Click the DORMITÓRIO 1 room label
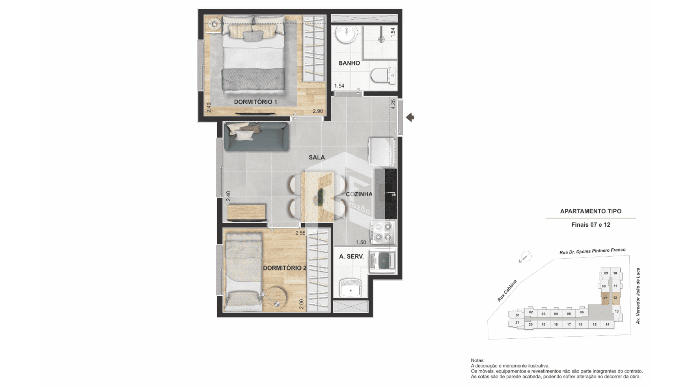click(x=256, y=102)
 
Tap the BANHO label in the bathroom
click(x=349, y=63)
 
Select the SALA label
click(x=317, y=157)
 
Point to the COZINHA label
click(x=359, y=194)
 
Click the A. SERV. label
click(x=351, y=257)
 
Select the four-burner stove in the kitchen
click(x=383, y=232)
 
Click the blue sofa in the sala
click(x=256, y=137)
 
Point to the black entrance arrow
click(x=410, y=117)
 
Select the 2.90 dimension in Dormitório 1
click(x=318, y=111)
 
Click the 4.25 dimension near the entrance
click(x=393, y=104)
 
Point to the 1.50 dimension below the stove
click(x=361, y=242)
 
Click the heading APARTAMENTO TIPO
click(x=591, y=211)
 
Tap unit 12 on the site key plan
click(x=615, y=297)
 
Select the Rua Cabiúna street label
click(x=507, y=291)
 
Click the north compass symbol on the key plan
click(x=526, y=257)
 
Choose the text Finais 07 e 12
click(x=591, y=225)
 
